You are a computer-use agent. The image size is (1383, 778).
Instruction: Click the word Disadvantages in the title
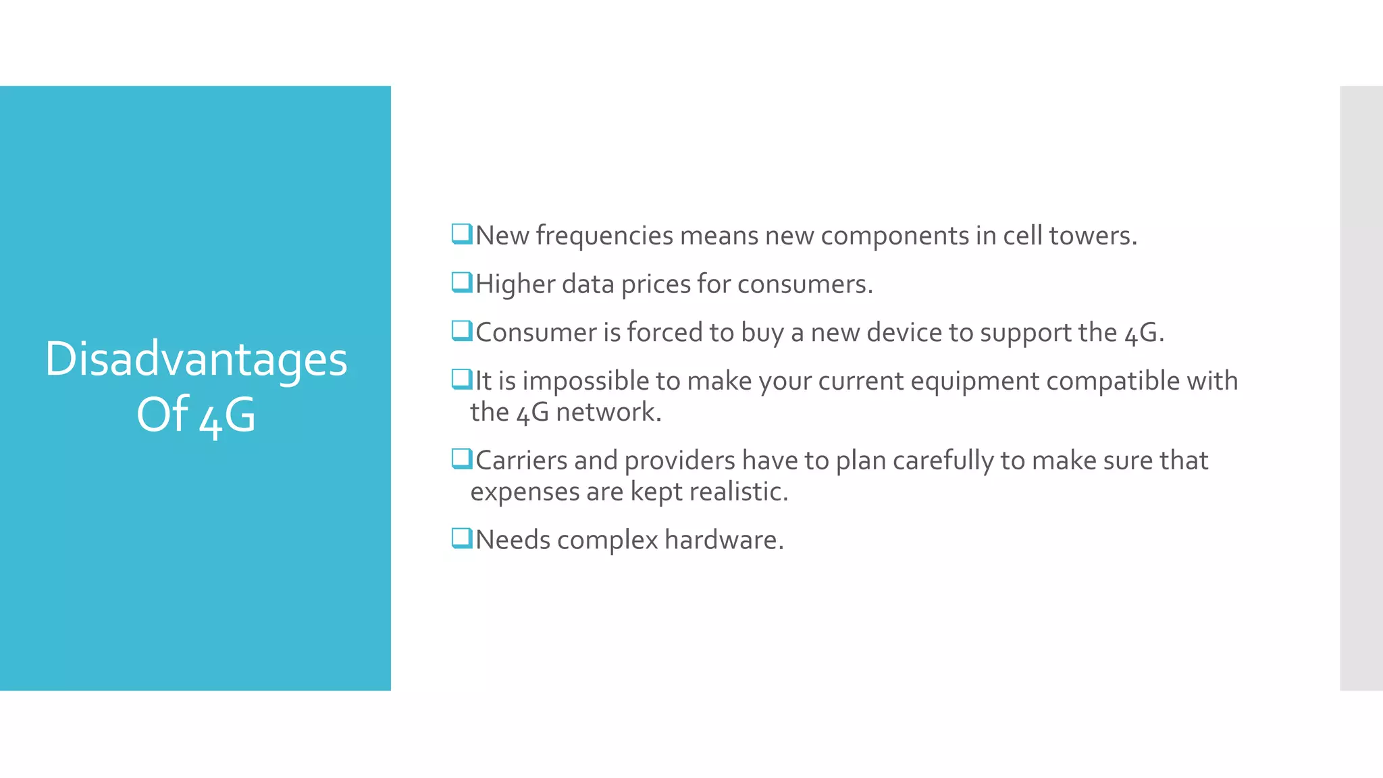(196, 359)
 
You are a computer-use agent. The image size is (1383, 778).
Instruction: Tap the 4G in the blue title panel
(228, 416)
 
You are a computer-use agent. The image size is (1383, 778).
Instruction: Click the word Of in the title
(162, 415)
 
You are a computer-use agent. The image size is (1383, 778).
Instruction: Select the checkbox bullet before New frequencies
(462, 234)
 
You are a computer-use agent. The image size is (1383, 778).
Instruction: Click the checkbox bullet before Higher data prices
(462, 282)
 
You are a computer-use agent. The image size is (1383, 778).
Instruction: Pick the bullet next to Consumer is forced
(462, 331)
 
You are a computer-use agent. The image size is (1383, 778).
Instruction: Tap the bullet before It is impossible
(462, 380)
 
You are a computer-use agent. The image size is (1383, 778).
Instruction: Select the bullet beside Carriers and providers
(462, 459)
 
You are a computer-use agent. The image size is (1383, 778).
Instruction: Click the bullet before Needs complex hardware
(462, 539)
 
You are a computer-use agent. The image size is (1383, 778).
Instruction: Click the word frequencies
(604, 236)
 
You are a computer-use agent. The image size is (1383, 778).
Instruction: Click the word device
(904, 333)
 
